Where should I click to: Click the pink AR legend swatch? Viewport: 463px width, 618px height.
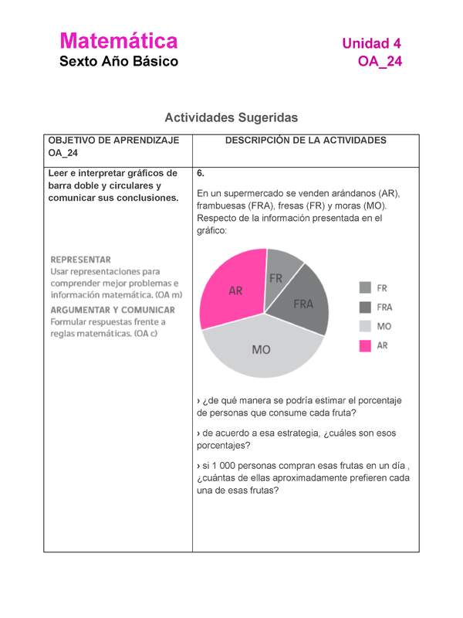(365, 346)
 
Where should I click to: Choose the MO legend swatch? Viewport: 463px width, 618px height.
(365, 327)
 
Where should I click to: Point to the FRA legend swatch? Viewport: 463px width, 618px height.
(365, 307)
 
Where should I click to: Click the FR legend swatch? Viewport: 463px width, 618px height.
(365, 287)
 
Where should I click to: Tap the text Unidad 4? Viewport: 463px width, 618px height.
(371, 42)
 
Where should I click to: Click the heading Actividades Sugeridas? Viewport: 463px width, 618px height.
(231, 117)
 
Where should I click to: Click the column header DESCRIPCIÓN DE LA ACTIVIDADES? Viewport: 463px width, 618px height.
(305, 141)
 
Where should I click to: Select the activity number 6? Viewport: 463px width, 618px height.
(201, 174)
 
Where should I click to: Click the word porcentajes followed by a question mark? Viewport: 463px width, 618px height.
(224, 446)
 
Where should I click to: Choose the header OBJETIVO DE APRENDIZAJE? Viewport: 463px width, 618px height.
(113, 141)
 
